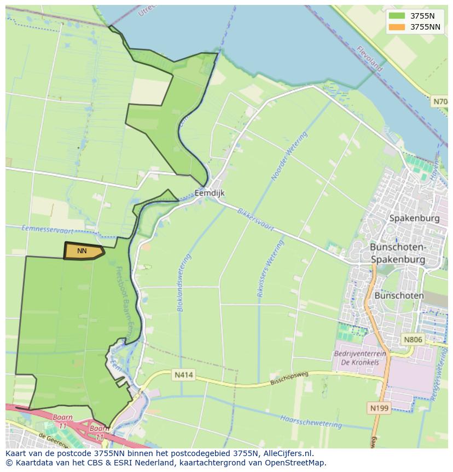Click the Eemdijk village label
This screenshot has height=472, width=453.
[210, 193]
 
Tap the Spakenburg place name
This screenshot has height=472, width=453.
[414, 218]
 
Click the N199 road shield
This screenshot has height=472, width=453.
[379, 408]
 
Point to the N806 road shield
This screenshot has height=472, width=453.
[413, 339]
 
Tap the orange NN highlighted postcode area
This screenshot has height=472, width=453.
[83, 251]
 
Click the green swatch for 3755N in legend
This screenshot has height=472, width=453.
[397, 16]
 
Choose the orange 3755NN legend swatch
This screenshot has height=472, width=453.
[397, 27]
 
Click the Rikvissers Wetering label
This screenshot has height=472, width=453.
[270, 269]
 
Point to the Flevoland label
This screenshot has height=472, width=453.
[369, 58]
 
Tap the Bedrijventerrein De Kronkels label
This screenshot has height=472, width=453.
[360, 358]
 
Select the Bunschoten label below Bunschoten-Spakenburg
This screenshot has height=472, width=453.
[399, 295]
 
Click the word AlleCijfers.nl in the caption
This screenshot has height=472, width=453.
[287, 453]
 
